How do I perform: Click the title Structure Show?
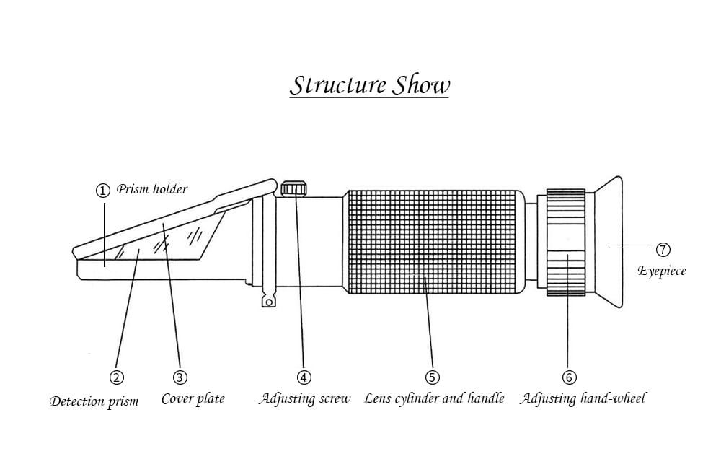(369, 84)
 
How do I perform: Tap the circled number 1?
(103, 191)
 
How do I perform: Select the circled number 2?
(116, 377)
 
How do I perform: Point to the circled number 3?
(180, 377)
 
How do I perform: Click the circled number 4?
(304, 377)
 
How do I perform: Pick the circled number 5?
(432, 377)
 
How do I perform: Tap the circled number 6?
(569, 377)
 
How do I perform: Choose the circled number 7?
(663, 250)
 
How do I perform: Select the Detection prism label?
(94, 401)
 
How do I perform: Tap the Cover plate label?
(193, 399)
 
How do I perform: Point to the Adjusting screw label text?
(304, 399)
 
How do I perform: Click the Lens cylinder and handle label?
(434, 399)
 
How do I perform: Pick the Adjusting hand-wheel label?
(583, 399)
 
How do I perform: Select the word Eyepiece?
(662, 272)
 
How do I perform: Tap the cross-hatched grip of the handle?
(432, 242)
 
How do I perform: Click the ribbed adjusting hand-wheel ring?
(565, 242)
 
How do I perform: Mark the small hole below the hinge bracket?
(268, 302)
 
